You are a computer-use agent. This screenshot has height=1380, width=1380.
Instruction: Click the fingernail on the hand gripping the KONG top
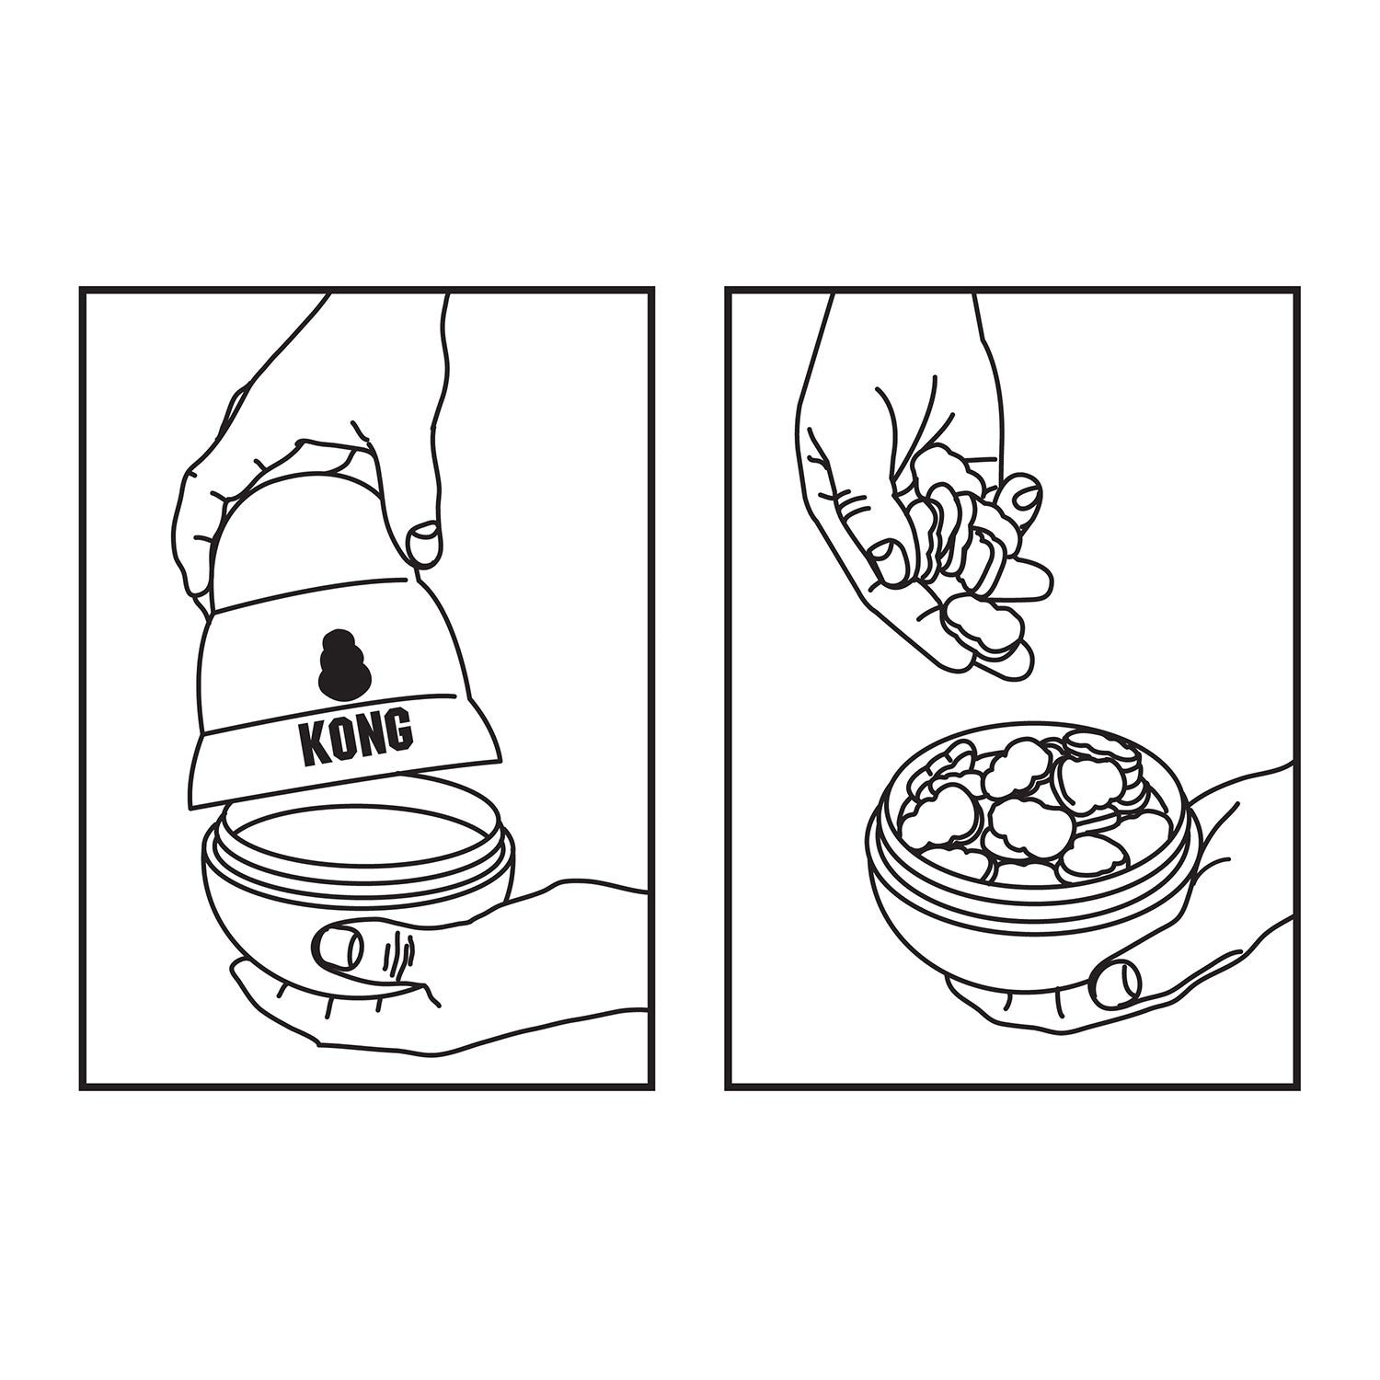(424, 545)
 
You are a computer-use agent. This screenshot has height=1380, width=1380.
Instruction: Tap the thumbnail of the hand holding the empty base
(337, 946)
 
